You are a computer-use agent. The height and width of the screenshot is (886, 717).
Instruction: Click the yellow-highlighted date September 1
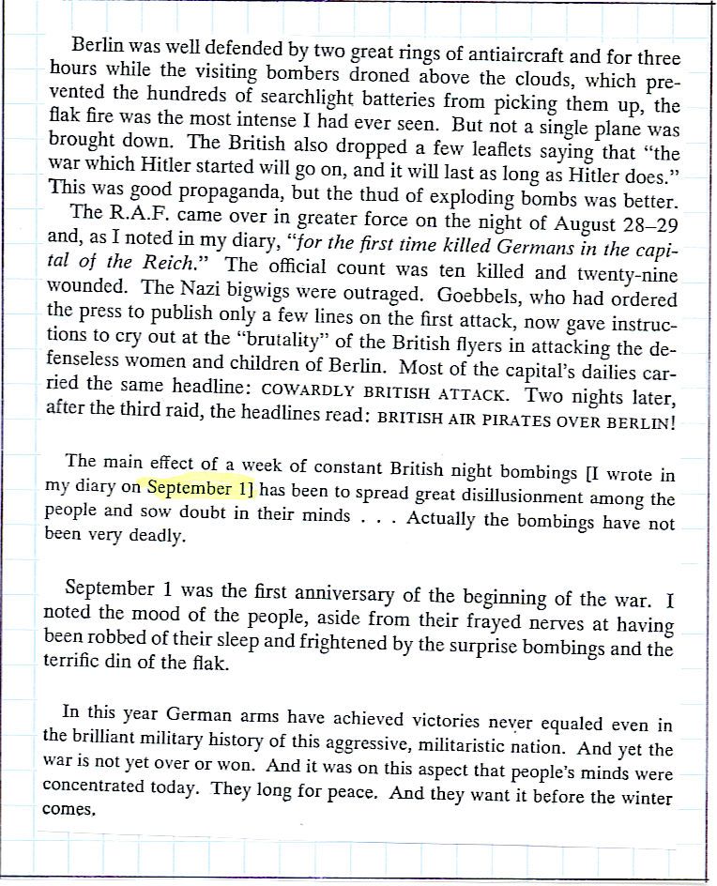coord(202,489)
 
